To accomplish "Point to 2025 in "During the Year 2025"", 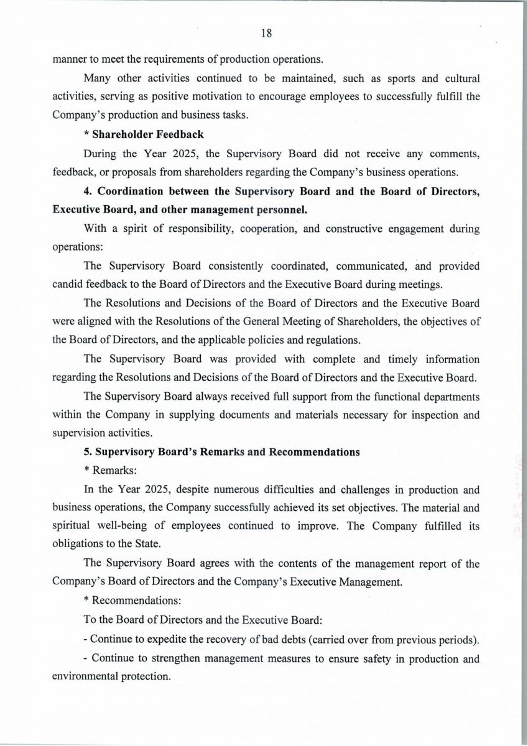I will tap(182, 153).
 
